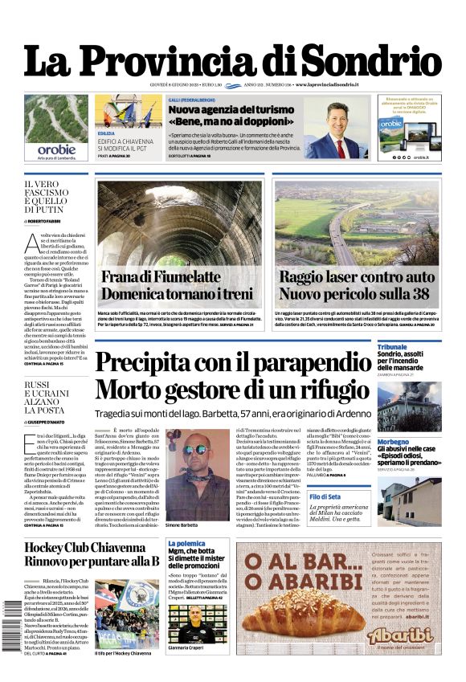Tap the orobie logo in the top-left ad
56,149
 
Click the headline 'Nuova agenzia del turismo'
220,109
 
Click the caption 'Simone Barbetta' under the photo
182,525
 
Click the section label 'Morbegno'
394,442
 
